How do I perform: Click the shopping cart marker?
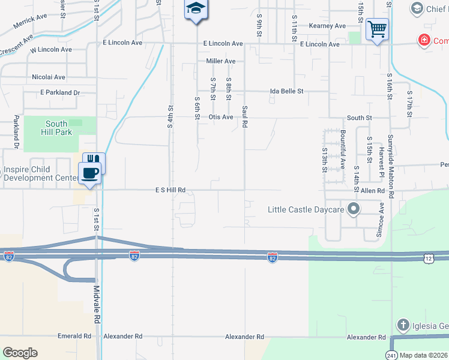click(377, 29)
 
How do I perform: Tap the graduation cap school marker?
click(196, 10)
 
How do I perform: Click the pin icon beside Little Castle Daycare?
click(354, 209)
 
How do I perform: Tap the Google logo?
click(20, 353)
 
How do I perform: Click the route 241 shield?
click(392, 353)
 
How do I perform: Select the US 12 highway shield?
click(427, 257)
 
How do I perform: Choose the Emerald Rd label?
click(74, 337)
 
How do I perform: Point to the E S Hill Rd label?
click(170, 190)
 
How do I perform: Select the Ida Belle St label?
click(287, 91)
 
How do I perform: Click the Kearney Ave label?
click(327, 26)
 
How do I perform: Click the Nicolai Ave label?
click(49, 77)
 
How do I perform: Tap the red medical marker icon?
click(424, 40)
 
